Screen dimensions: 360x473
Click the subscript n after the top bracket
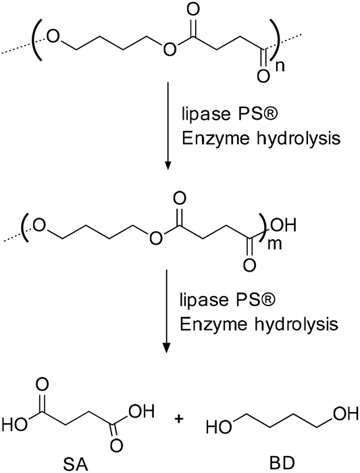(x=280, y=66)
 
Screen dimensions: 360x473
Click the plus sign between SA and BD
(x=179, y=419)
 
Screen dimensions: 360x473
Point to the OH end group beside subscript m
(x=284, y=225)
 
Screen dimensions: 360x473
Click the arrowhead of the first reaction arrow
(x=168, y=165)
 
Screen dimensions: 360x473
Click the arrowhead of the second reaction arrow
(x=166, y=347)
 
